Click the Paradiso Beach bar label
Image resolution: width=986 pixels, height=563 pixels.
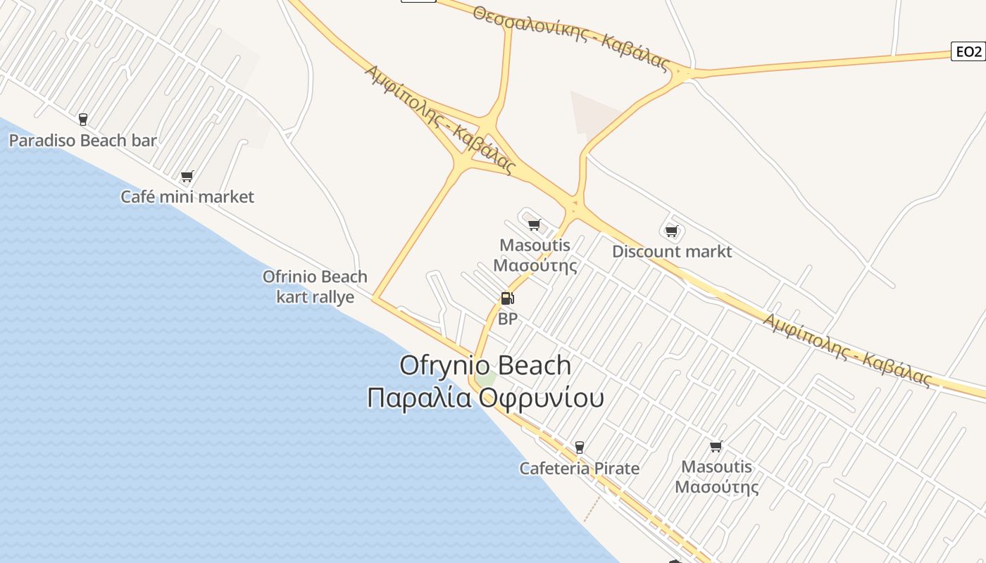coord(82,141)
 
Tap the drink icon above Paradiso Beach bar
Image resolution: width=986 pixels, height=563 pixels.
coord(83,119)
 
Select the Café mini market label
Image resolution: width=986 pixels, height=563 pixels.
coord(187,197)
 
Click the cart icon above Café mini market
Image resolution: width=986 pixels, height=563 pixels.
coord(187,176)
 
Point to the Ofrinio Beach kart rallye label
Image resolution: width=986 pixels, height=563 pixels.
coord(315,286)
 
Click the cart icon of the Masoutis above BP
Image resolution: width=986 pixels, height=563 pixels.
coord(534,224)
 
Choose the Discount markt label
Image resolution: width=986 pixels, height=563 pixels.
coord(672,252)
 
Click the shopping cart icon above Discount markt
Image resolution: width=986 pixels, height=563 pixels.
coord(671,231)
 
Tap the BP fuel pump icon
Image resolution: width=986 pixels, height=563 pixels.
coord(507,298)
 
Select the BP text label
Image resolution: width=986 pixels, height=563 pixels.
coord(507,320)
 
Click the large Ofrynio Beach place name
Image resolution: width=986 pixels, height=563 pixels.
coord(485,365)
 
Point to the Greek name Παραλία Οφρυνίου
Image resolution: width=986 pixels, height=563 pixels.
coord(485,398)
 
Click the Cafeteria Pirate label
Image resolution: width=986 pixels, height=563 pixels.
coord(579,469)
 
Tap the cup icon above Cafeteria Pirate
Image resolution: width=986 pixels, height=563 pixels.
coord(579,447)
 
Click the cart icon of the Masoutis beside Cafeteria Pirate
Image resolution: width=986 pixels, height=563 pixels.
coord(716,445)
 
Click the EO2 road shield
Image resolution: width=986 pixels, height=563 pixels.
coord(967,51)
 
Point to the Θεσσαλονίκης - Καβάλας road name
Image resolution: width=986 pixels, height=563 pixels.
coord(570,39)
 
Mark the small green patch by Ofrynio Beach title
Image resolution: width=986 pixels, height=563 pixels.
coord(486,379)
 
